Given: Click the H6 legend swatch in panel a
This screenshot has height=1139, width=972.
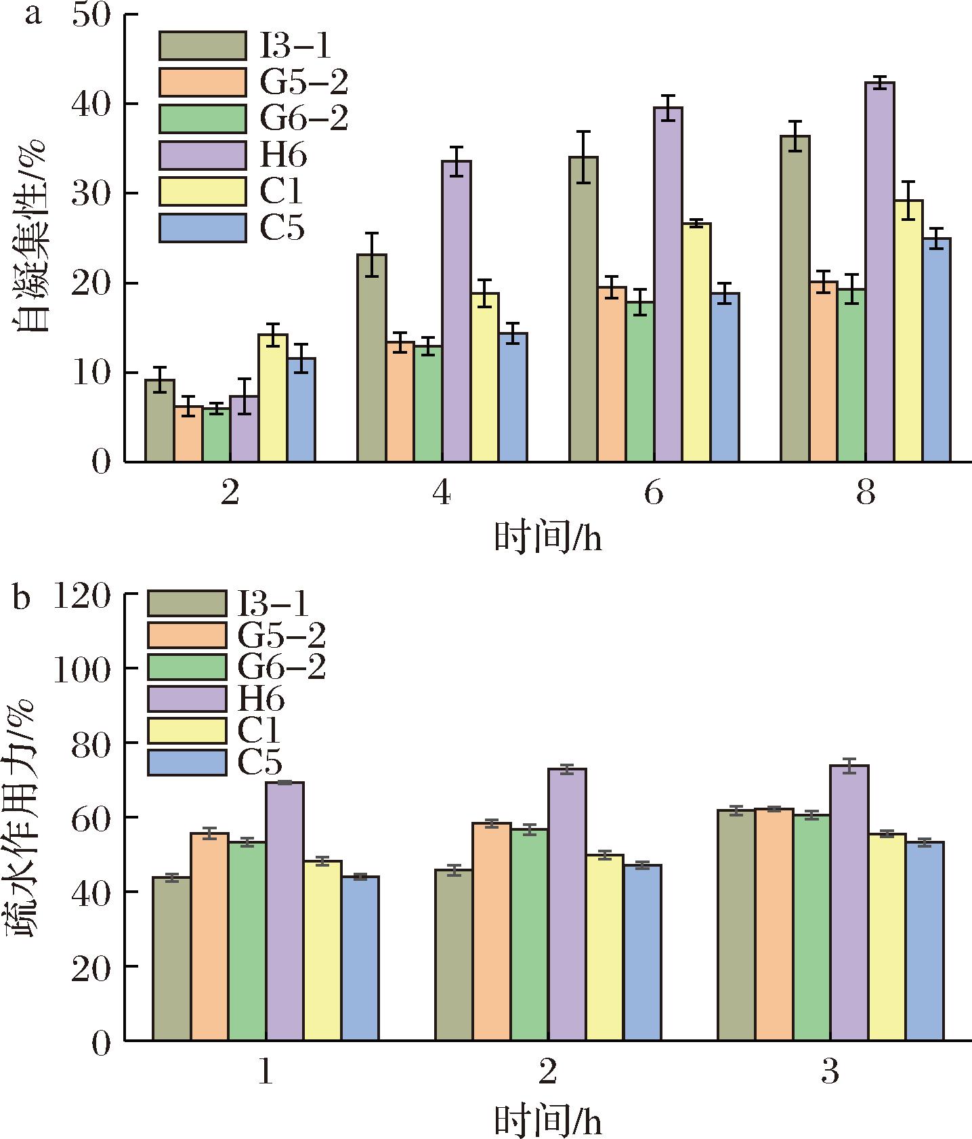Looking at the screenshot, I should [x=203, y=155].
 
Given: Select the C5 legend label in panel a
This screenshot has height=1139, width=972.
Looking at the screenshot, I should [x=282, y=228].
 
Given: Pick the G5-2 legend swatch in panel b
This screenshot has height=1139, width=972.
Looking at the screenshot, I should [x=187, y=635].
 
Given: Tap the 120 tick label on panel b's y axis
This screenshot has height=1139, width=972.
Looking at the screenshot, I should [x=82, y=595].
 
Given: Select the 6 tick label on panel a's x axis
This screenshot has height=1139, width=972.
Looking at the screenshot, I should [x=654, y=494].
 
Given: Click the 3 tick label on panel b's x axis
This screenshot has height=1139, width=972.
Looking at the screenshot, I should [x=830, y=1073].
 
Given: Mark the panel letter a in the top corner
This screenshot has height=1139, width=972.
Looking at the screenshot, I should [x=32, y=15].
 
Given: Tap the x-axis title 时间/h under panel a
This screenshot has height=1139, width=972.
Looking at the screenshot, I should [x=547, y=539].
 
